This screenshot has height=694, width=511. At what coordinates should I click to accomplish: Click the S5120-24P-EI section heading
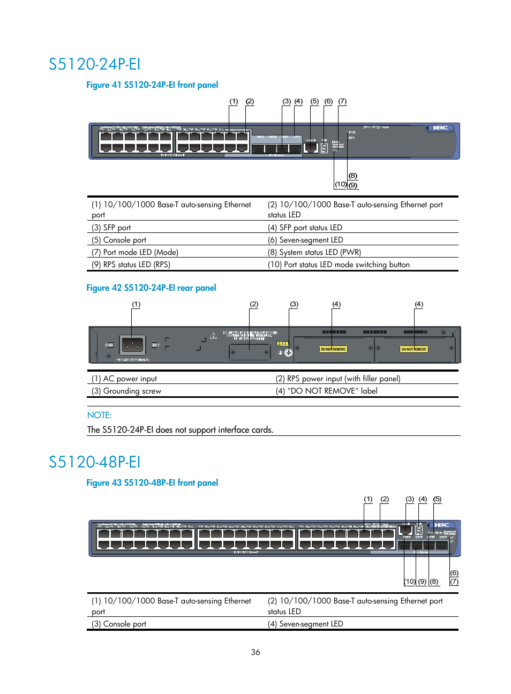tap(94, 64)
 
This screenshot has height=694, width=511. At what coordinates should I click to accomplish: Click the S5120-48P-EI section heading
tap(94, 462)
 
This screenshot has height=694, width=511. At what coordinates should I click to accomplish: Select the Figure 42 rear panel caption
tap(151, 288)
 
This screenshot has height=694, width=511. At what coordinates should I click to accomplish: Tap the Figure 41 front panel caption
tap(152, 85)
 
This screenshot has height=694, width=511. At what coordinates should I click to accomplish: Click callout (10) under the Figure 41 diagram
tap(341, 184)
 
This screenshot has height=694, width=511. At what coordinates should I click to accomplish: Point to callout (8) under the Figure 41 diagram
tap(352, 176)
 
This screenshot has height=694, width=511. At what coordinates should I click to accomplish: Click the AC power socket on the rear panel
tap(132, 344)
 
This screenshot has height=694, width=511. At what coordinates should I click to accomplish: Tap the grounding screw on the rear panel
tap(289, 352)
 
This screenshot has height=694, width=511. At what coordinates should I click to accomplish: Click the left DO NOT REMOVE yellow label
tap(333, 349)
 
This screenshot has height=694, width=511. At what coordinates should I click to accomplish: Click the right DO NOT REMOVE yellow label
tap(414, 349)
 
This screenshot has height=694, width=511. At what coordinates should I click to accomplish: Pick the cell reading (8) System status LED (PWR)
tap(314, 252)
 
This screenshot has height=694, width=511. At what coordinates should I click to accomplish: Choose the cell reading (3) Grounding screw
tap(126, 391)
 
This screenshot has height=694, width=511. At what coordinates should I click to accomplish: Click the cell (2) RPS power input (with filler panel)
tap(338, 379)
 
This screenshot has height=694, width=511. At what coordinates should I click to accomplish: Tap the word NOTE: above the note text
tap(100, 415)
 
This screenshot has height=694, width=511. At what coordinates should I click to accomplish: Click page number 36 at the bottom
tap(255, 652)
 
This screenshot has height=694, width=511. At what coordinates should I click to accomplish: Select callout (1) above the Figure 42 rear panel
tap(136, 304)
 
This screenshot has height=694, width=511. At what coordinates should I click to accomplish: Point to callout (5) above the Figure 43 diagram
tap(437, 499)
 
